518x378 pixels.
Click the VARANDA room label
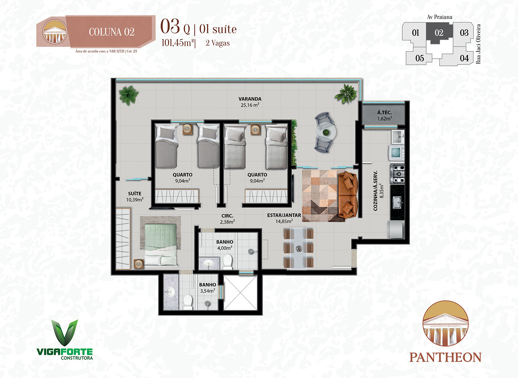250,99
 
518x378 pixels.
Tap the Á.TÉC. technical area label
385,112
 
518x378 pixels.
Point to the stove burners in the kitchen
397,173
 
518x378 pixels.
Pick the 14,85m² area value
284,221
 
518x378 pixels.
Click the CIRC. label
227,216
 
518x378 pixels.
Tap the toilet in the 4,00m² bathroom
227,262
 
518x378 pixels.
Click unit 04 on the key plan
464,58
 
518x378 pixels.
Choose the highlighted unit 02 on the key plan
439,32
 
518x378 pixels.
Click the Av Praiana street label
439,17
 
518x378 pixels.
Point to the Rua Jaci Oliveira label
478,44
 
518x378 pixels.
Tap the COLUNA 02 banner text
112,32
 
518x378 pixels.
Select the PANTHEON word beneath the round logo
445,357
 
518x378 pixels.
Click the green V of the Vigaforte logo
65,332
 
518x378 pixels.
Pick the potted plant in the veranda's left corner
128,95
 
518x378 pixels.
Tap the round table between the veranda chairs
326,132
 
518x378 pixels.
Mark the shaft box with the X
240,293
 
